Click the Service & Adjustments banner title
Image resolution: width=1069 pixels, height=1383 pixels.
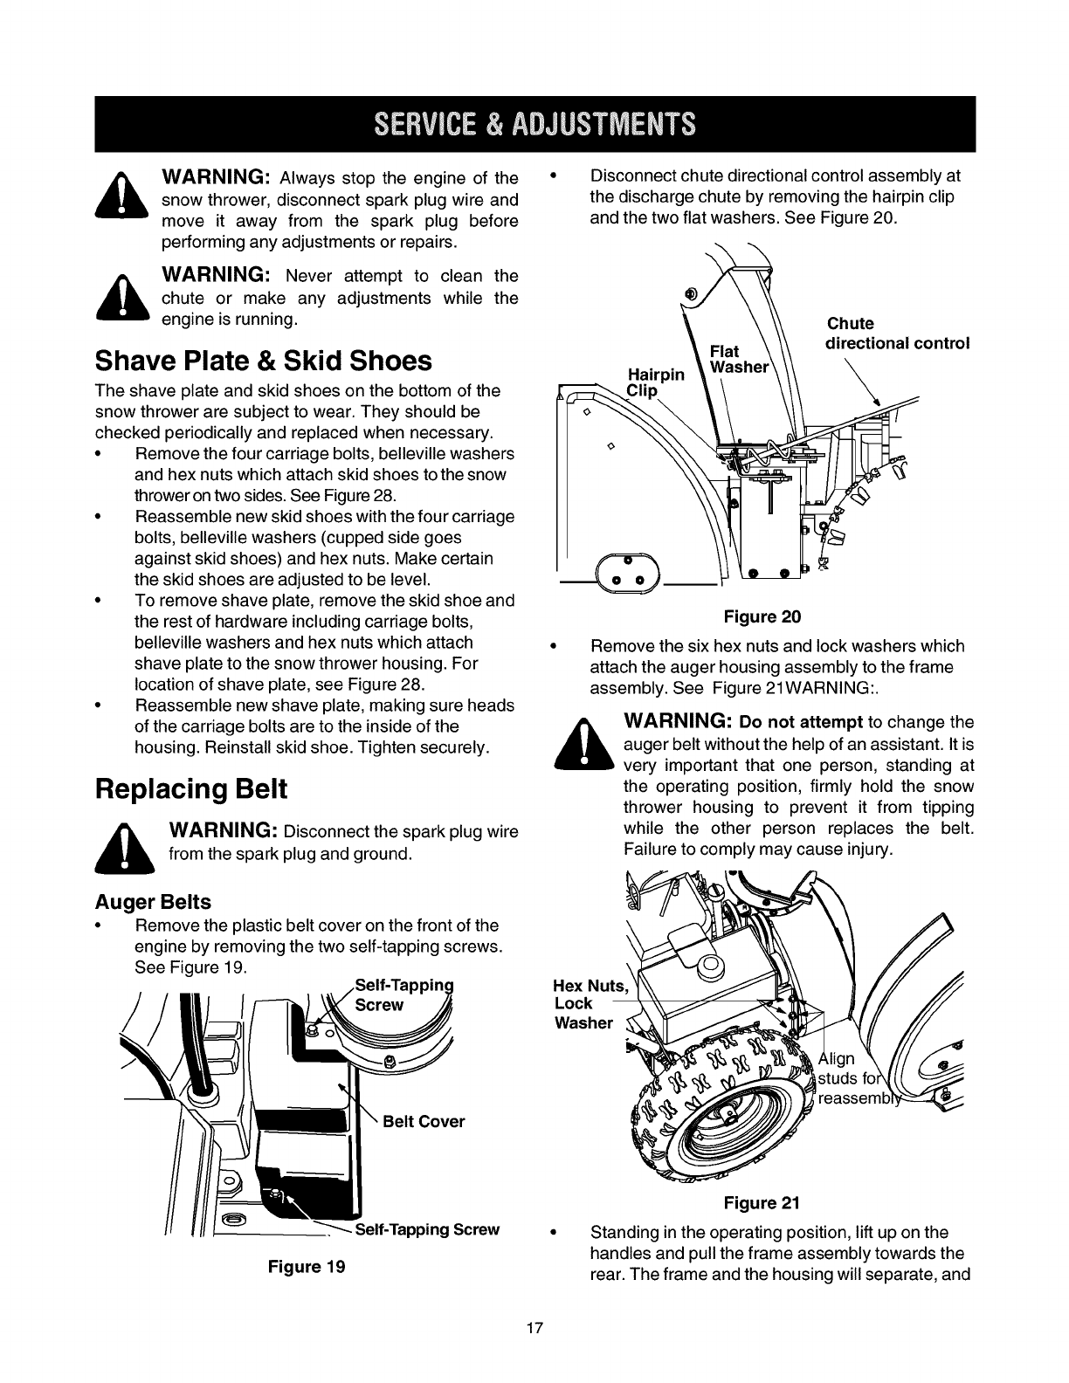(x=534, y=125)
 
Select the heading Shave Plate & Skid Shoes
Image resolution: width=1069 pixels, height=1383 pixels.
(x=263, y=361)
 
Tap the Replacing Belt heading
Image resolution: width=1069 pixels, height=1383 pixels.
(x=190, y=788)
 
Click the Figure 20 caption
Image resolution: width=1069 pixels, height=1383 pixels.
(x=762, y=617)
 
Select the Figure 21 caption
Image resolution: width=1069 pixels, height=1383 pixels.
(x=762, y=1203)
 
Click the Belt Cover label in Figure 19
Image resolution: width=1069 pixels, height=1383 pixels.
(x=424, y=1121)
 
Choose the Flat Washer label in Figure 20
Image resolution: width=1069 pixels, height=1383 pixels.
(x=738, y=359)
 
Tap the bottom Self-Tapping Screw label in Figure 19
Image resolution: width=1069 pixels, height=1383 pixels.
(x=428, y=1229)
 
